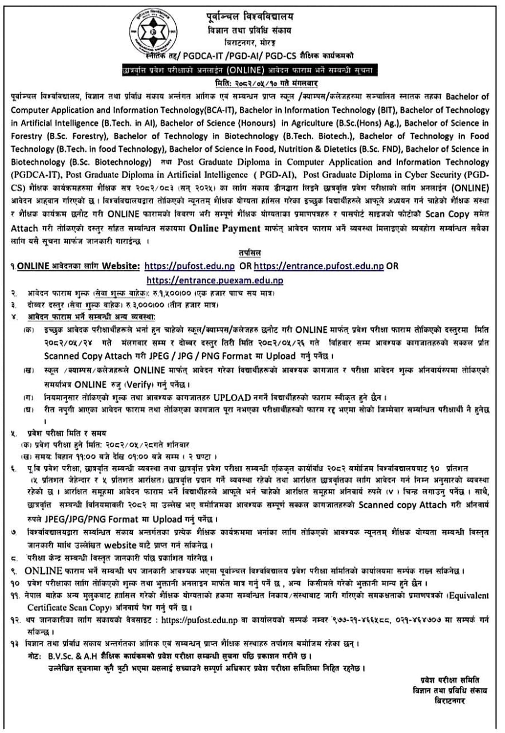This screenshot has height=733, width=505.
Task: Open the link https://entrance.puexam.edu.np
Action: tap(215, 280)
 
